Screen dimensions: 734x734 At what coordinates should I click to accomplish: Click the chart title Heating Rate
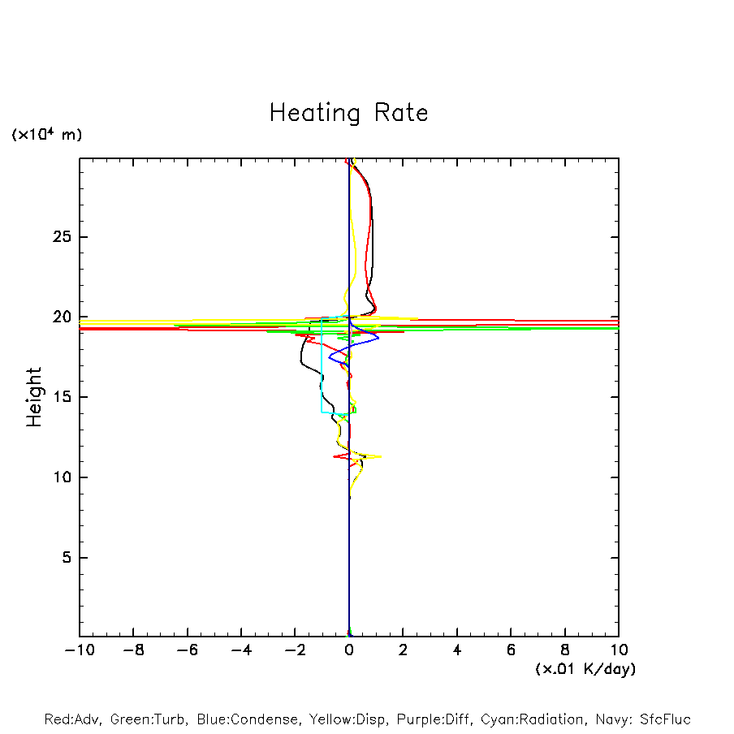(348, 113)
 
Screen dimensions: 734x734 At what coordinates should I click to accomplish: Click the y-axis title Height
(34, 397)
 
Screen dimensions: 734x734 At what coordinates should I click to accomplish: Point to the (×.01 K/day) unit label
(585, 669)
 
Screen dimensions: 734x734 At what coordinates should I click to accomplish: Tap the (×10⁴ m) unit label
(46, 135)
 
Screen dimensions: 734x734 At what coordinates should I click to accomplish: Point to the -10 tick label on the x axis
(79, 650)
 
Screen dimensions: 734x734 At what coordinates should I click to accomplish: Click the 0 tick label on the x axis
(349, 650)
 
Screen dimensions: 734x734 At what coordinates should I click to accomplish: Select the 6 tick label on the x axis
(511, 650)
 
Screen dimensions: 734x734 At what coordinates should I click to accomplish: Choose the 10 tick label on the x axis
(618, 650)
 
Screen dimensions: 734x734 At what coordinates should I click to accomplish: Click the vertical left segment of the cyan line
(322, 365)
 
